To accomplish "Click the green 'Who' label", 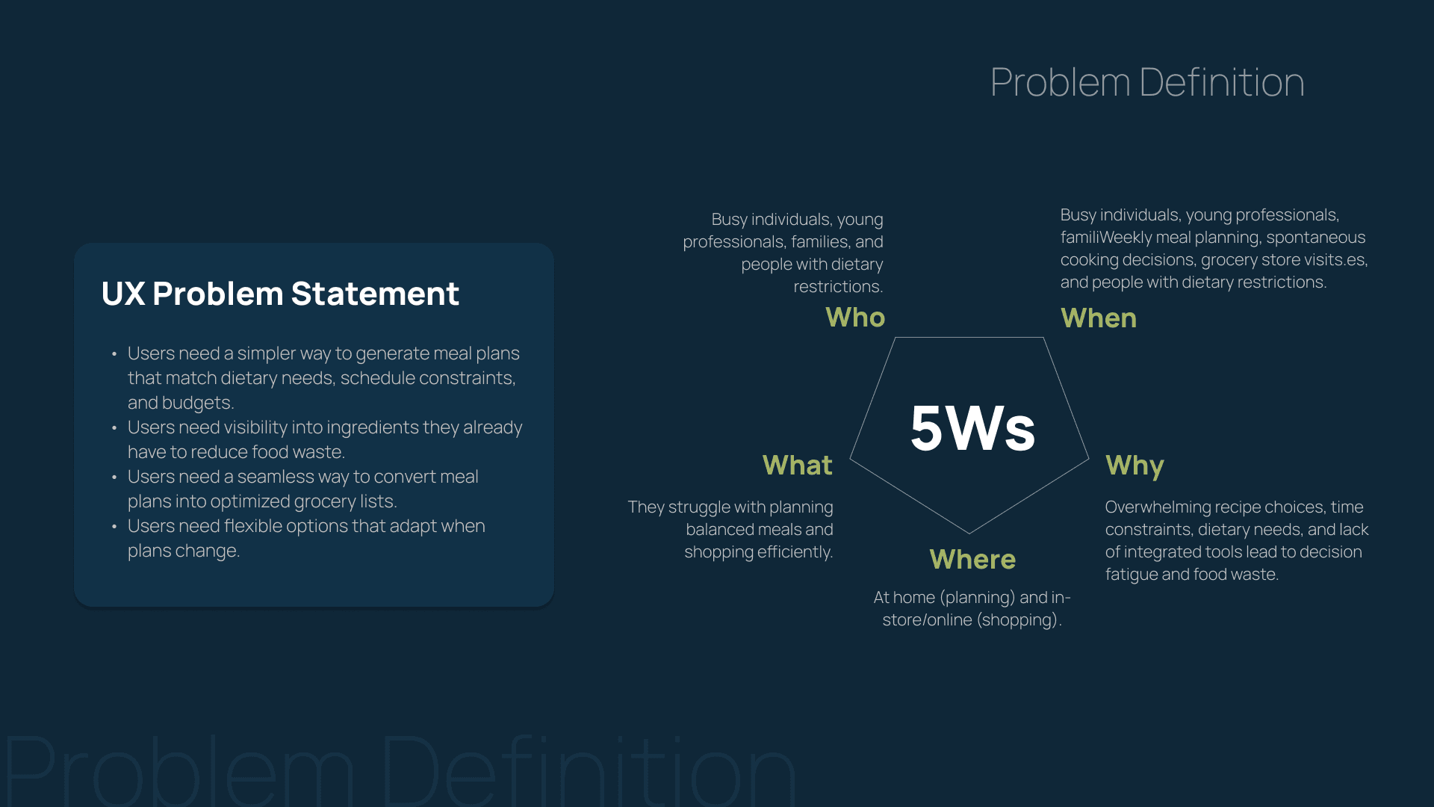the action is coord(854,318).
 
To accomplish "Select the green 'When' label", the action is coord(1098,318).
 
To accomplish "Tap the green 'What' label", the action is coord(797,466).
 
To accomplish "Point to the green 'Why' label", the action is coord(1134,466).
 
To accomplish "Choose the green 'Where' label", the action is coord(972,560).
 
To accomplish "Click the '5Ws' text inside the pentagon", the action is coord(972,428).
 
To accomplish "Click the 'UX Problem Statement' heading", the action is coord(280,294).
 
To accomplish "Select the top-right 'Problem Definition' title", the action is coord(1146,82).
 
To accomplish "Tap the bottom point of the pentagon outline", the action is coord(969,533).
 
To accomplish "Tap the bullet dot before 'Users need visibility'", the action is coord(114,428).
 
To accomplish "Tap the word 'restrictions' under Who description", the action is coord(836,287).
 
